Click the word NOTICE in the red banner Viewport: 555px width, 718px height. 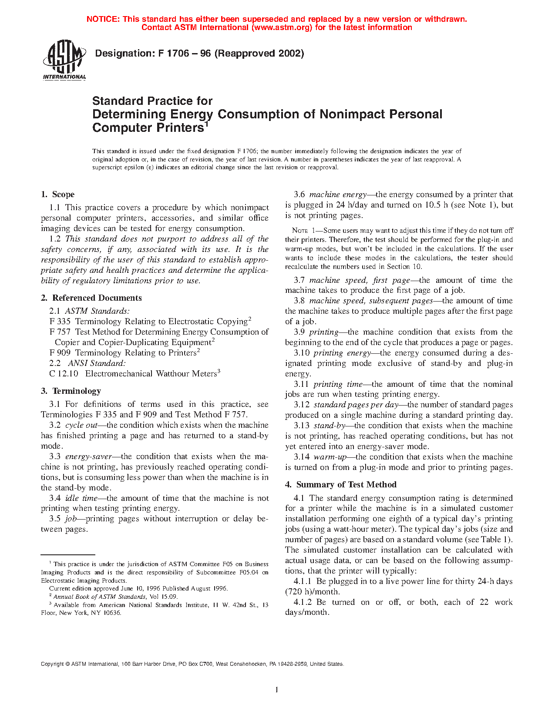point(102,19)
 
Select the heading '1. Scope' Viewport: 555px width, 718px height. point(58,195)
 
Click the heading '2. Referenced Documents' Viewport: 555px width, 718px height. point(91,298)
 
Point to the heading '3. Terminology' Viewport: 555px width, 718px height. point(71,391)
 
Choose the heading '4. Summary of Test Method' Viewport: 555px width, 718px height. point(341,485)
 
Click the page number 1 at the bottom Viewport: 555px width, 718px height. point(277,689)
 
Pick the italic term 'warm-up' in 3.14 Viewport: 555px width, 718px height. point(330,457)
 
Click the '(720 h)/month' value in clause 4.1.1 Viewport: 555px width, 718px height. point(313,592)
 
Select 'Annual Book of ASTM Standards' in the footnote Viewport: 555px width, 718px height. point(100,597)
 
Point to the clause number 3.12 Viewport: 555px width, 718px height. point(301,405)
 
